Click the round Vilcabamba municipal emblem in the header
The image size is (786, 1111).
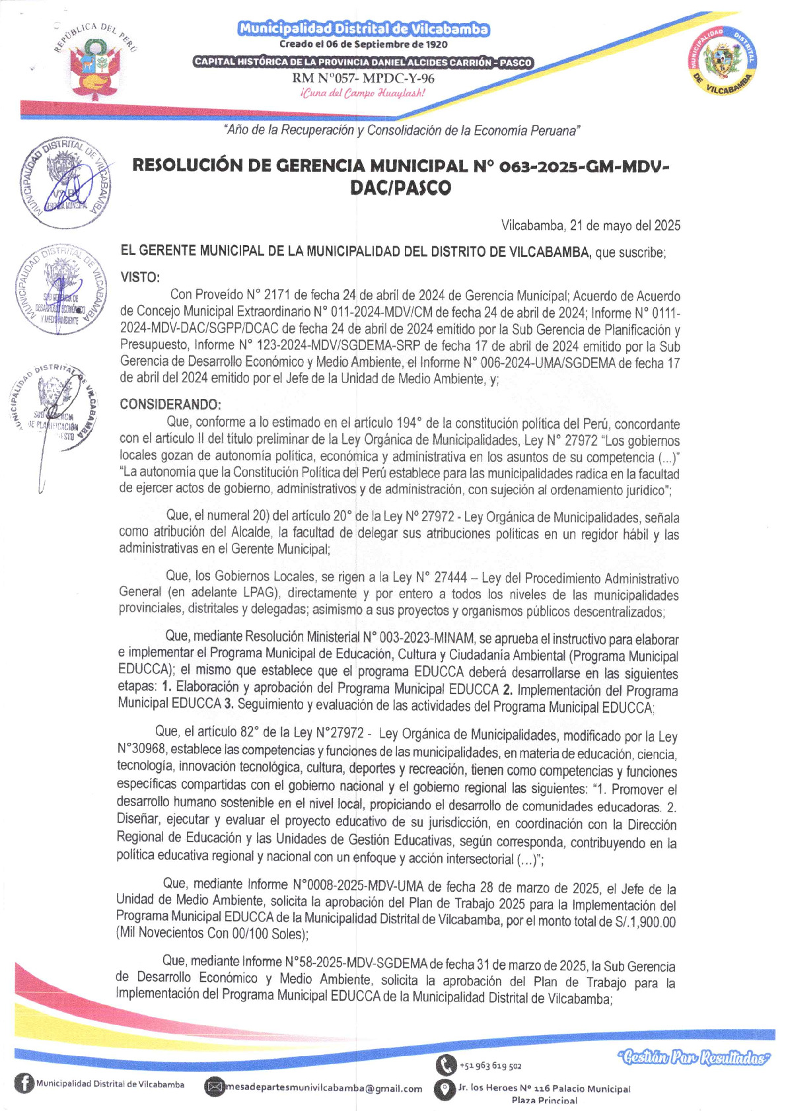pos(721,61)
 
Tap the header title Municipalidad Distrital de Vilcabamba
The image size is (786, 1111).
pos(363,29)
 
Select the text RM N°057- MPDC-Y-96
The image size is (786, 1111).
pos(363,79)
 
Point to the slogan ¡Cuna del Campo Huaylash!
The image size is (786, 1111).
pos(363,92)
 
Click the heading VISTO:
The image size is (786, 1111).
pos(140,277)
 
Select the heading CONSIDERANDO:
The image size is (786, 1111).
pos(170,404)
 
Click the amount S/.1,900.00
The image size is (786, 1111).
pos(645,922)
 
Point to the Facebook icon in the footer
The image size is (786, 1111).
pos(24,1085)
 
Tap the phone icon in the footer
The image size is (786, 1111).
pos(445,1064)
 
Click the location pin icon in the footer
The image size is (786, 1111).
pos(445,1089)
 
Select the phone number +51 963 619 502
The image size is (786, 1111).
pos(491,1066)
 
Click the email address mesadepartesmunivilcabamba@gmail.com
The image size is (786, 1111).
pos(324,1089)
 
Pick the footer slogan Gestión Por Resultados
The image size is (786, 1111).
pos(694,1057)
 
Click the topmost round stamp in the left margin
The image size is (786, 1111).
pos(65,184)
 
